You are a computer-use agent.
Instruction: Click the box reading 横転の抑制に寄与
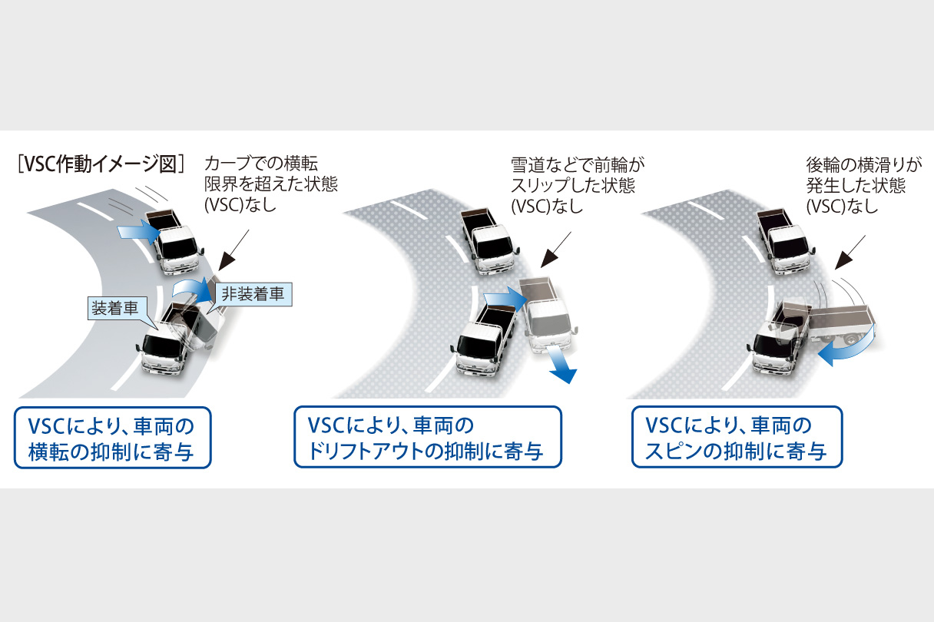click(x=112, y=438)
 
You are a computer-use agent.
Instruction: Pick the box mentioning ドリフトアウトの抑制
click(x=427, y=438)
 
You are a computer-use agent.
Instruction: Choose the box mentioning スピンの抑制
click(x=737, y=438)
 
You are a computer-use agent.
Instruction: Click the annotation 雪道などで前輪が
click(x=573, y=164)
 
